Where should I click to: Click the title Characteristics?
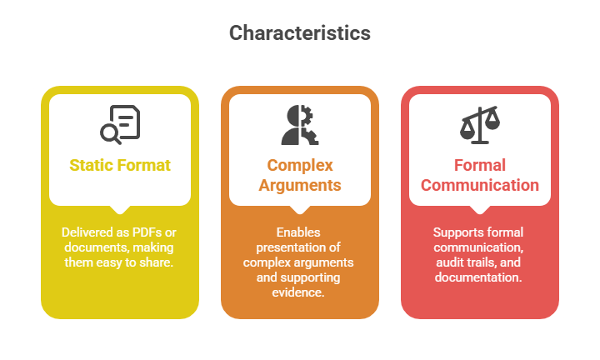pos(300,33)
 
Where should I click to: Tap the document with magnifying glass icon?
pos(120,124)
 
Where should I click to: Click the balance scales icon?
pos(480,124)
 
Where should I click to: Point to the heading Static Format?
pos(120,165)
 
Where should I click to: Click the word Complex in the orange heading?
pos(300,165)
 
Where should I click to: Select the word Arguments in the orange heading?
pos(300,185)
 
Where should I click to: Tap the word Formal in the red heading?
pos(480,165)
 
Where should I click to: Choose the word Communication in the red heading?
pos(480,185)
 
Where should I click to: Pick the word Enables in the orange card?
pos(299,232)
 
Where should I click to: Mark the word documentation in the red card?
pos(478,277)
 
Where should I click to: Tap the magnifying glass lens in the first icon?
pos(108,132)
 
